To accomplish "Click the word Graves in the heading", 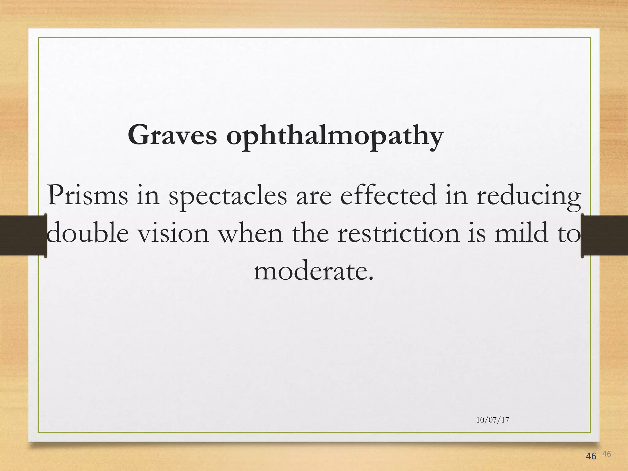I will (172, 135).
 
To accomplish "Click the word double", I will (87, 233).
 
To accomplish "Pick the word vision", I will (173, 233).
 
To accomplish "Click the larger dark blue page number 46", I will (591, 456).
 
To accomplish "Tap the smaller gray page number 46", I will (607, 454).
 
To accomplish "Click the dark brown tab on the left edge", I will (23, 235).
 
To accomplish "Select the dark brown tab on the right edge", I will (604, 235).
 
